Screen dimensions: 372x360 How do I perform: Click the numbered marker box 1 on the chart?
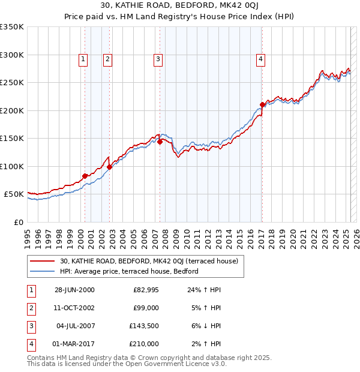82,59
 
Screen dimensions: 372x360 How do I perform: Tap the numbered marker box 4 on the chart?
261,59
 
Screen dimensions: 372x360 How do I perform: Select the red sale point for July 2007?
160,142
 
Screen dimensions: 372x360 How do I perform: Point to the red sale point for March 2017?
262,104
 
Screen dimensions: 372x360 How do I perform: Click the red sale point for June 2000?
85,176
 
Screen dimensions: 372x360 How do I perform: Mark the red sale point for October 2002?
110,167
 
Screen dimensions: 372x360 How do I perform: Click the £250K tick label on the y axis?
11,82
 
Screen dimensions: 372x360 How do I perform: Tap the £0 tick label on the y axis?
17,222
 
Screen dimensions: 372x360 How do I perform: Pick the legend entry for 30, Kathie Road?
149,261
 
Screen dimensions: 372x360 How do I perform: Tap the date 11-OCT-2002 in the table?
74,308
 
